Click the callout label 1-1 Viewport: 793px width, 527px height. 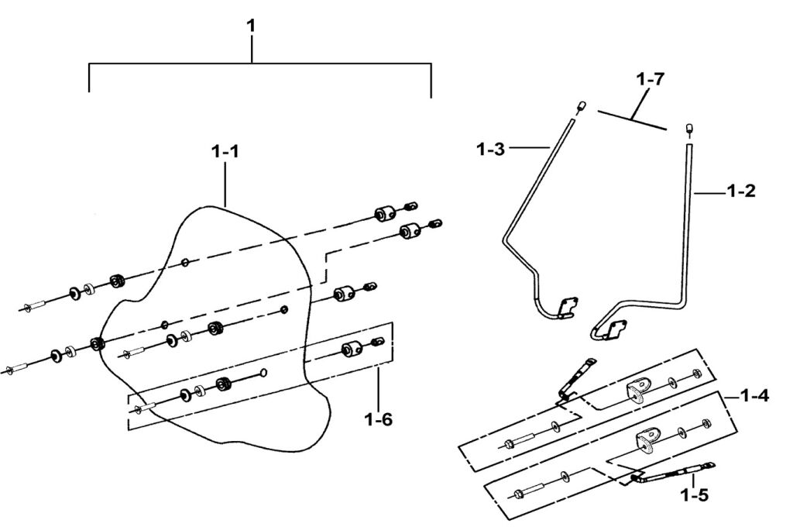(x=225, y=153)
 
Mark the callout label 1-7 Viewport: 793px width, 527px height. (x=651, y=80)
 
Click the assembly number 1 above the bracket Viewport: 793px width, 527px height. (x=250, y=26)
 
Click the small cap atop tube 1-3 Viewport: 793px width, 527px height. (x=581, y=105)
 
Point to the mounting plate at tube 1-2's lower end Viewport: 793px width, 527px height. (x=614, y=329)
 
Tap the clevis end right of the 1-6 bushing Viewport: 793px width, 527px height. (x=379, y=342)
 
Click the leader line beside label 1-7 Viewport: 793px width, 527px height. (x=631, y=119)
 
